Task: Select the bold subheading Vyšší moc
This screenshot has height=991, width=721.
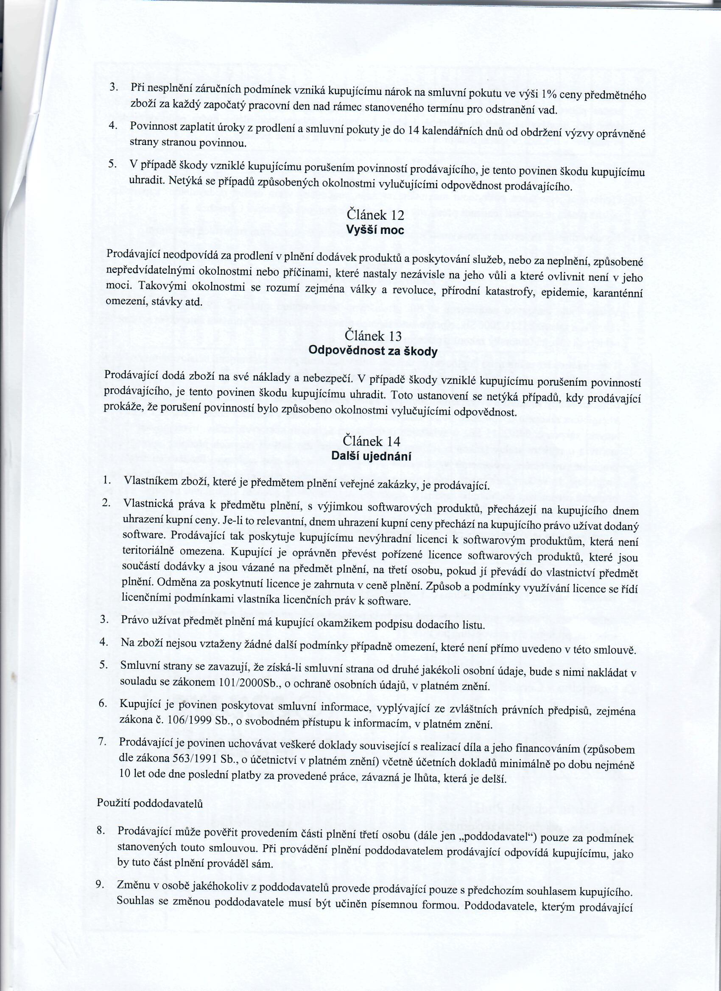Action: coord(375,229)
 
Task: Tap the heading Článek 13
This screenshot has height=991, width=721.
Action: coord(372,336)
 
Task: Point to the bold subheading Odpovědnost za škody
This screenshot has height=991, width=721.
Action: coord(372,351)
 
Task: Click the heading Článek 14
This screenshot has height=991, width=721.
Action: coord(372,441)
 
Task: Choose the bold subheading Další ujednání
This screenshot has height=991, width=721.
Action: coord(371,456)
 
